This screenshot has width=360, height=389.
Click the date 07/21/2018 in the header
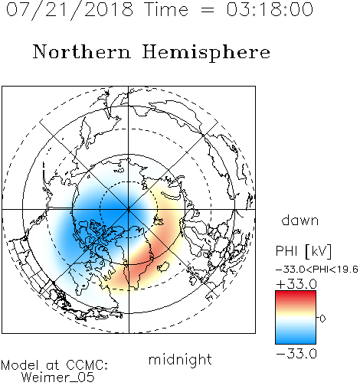(x=70, y=10)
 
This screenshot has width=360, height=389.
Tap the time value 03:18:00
(x=270, y=9)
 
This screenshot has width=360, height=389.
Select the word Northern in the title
(x=81, y=51)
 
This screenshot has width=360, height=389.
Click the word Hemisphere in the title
(x=206, y=52)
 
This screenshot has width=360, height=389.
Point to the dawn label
(x=300, y=220)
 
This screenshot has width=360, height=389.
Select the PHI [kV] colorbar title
(x=303, y=251)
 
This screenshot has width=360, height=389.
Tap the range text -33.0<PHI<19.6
(x=317, y=270)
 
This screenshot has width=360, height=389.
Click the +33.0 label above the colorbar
(x=296, y=284)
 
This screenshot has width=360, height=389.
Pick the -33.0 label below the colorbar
(x=296, y=354)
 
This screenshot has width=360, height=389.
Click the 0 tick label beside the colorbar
(x=322, y=319)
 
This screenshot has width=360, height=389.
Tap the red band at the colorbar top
(x=296, y=296)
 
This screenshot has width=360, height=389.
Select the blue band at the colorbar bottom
(x=296, y=338)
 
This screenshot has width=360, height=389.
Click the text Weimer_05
(x=58, y=378)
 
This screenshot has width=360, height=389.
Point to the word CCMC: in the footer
(x=87, y=365)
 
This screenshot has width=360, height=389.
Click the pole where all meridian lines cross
(x=129, y=210)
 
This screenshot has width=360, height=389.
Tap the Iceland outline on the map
(x=162, y=266)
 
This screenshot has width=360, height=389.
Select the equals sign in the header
(x=208, y=10)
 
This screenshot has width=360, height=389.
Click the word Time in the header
(x=166, y=10)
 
